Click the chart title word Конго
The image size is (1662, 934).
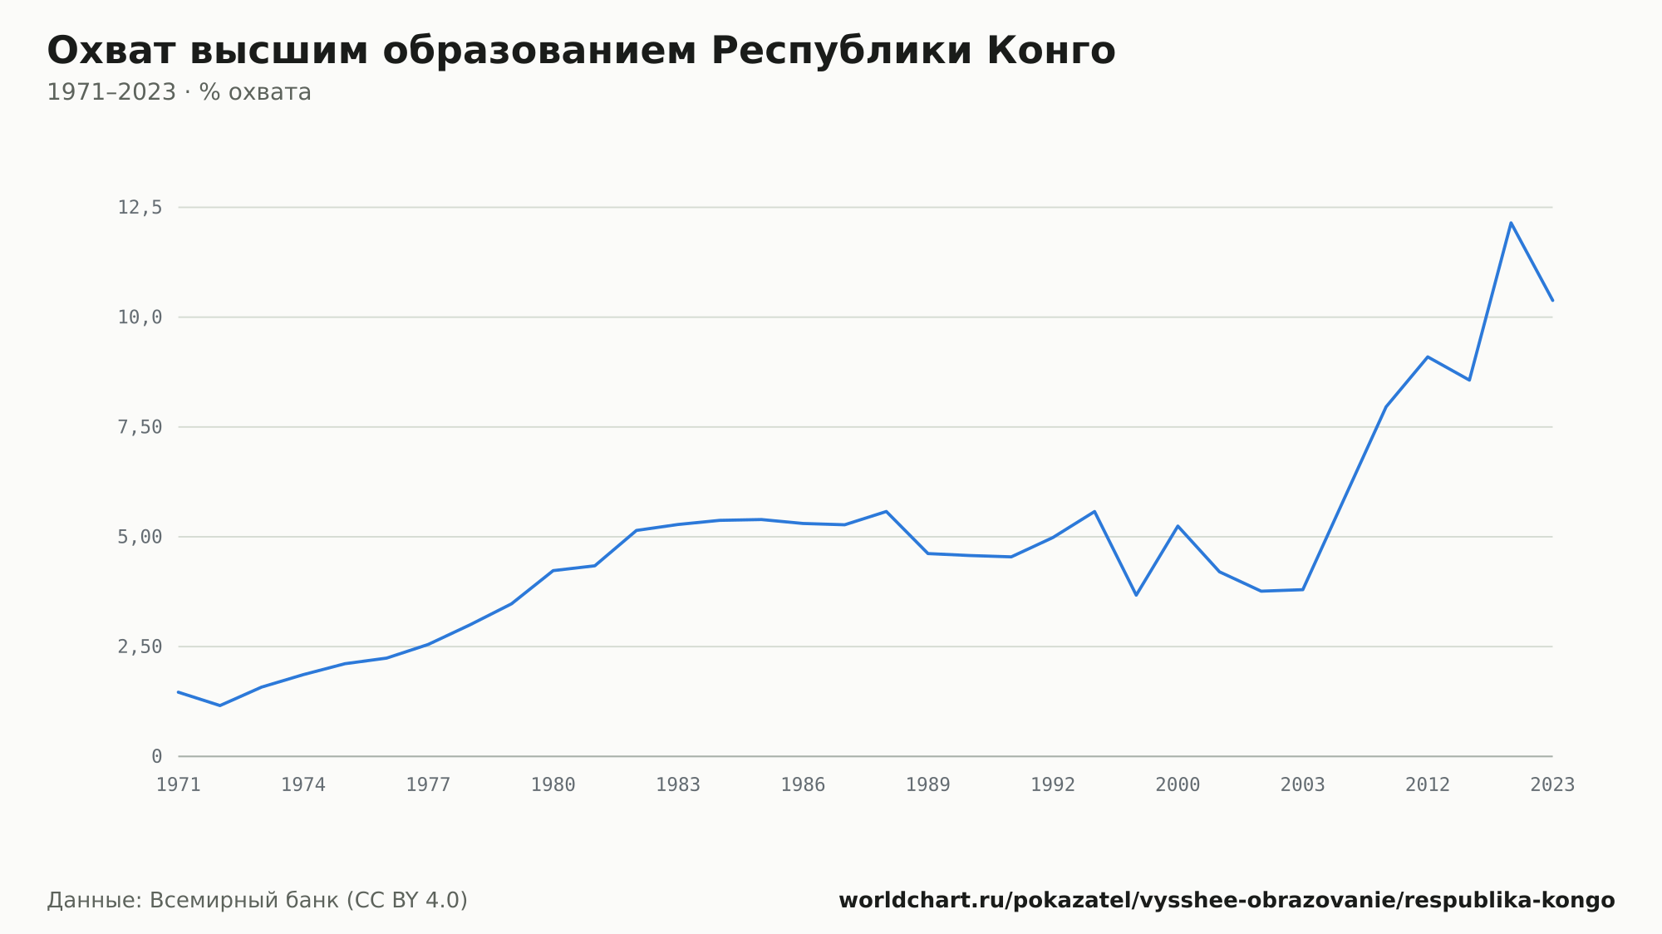point(1051,51)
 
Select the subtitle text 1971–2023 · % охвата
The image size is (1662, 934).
point(179,92)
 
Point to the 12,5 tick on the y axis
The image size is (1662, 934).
point(140,208)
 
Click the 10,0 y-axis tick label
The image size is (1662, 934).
point(140,317)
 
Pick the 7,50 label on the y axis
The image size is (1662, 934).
point(140,427)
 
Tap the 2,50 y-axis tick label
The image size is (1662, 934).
point(140,646)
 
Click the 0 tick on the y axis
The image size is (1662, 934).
point(156,756)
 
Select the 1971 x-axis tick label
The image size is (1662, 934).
point(179,785)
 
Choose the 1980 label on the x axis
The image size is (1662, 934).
point(553,785)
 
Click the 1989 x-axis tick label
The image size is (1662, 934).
point(928,785)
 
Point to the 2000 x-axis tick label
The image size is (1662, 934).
point(1178,785)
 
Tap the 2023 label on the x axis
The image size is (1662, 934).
point(1552,785)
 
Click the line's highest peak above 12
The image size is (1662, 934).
point(1511,223)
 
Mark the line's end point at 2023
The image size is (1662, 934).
point(1552,300)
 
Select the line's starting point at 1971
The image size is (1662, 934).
point(179,691)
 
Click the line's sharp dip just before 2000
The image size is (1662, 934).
point(1136,595)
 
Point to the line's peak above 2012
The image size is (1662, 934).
point(1428,356)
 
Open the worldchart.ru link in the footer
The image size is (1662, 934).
point(1227,900)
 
